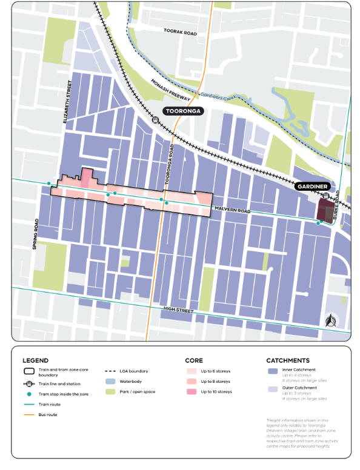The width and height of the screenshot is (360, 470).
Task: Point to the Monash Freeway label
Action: click(172, 90)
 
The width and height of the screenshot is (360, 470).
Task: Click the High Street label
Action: click(177, 310)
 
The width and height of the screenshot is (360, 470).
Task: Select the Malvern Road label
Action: click(232, 210)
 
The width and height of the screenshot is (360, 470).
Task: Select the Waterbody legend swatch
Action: click(110, 382)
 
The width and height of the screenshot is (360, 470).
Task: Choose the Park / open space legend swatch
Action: click(110, 392)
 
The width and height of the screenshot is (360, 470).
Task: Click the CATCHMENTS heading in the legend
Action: click(288, 360)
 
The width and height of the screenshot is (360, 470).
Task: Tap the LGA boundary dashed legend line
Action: click(110, 371)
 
